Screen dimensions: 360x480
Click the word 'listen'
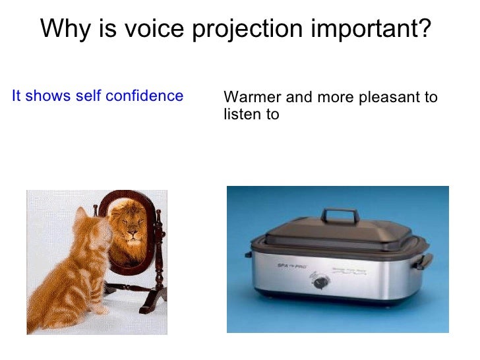click(241, 115)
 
